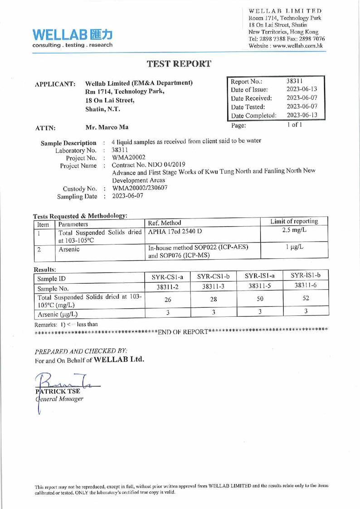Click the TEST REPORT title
pyautogui.click(x=180, y=64)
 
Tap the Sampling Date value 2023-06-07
pyautogui.click(x=130, y=195)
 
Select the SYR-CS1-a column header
pyautogui.click(x=168, y=276)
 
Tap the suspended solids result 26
pyautogui.click(x=168, y=301)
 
